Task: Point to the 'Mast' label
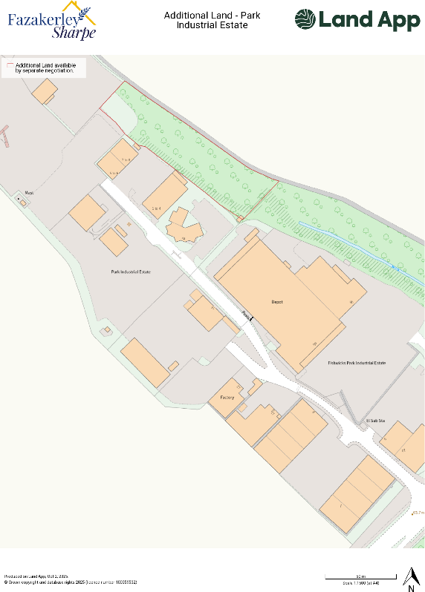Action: (29, 193)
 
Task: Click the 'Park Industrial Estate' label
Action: (131, 272)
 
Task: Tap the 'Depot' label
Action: (276, 302)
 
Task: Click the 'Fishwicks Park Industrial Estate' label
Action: (357, 363)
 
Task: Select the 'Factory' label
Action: (227, 398)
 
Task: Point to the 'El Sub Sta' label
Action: (375, 421)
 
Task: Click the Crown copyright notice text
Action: (71, 582)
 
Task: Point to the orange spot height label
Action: (418, 513)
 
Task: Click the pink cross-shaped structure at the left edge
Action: (5, 137)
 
